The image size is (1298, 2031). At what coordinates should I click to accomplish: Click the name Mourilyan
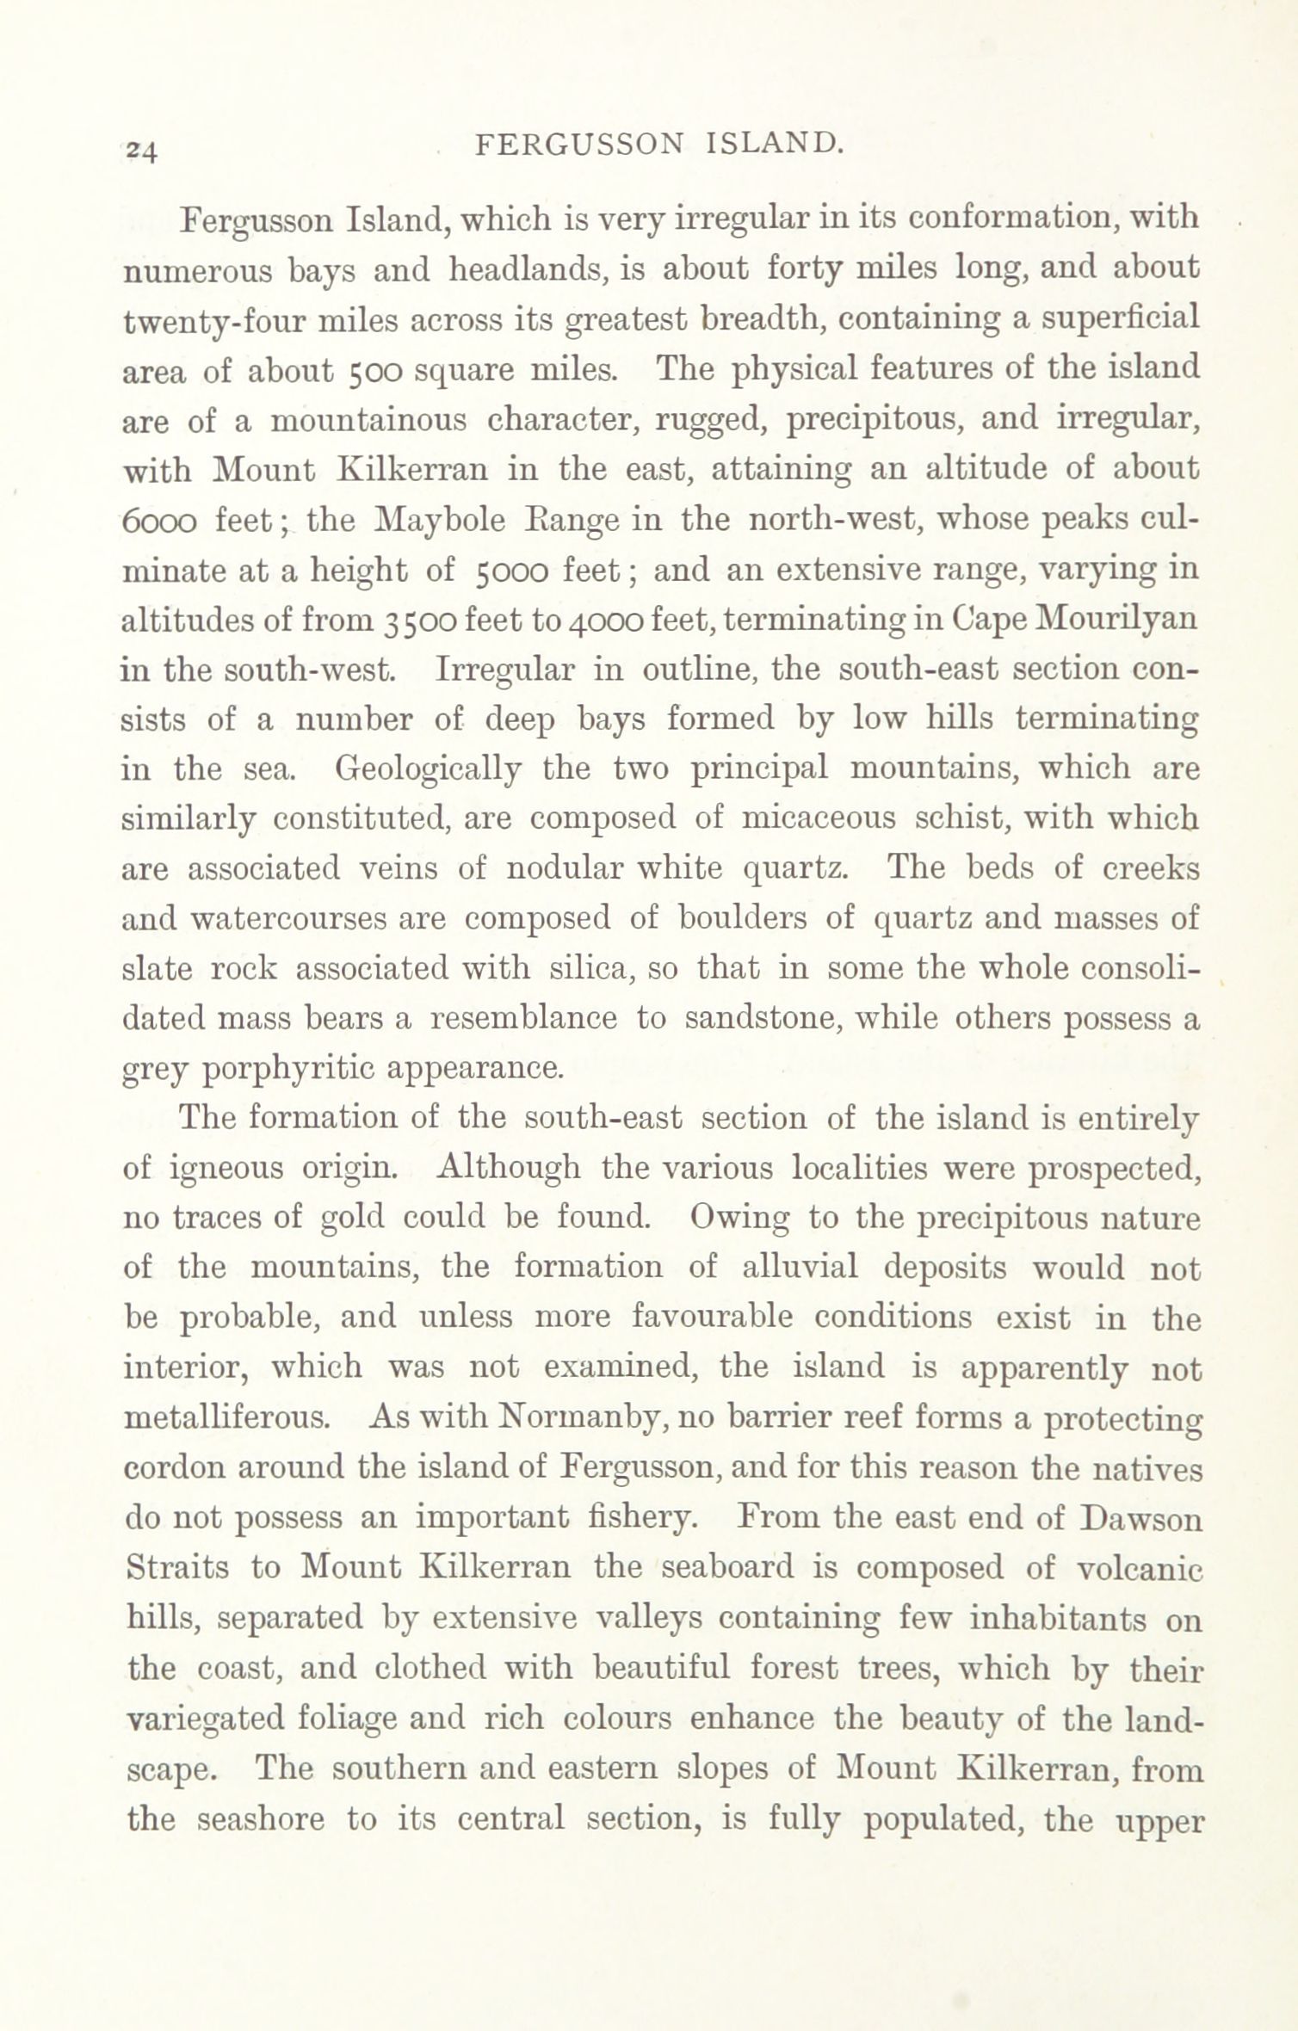click(1118, 620)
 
